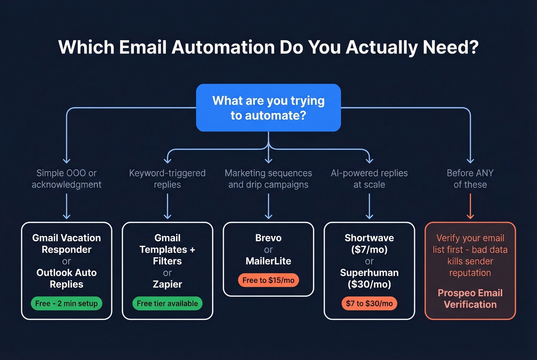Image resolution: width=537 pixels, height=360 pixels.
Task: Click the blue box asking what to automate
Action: coord(268,108)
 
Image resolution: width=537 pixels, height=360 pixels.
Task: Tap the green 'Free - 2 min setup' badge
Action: coord(66,303)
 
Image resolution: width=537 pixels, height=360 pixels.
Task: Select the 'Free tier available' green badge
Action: coord(167,303)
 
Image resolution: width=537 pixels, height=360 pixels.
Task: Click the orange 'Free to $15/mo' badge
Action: coord(268,280)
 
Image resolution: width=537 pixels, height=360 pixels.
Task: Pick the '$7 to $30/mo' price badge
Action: coord(369,303)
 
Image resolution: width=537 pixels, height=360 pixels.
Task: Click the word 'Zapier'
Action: coord(167,284)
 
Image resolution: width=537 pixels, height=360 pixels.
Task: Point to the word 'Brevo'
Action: coord(268,238)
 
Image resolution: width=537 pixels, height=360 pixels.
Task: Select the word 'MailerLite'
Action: coord(268,261)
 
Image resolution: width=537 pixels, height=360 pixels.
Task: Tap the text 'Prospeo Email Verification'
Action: coord(470,299)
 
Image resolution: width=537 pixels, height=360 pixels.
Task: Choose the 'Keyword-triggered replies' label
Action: coord(167,179)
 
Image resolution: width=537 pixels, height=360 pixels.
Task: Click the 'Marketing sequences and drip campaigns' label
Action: coord(268,179)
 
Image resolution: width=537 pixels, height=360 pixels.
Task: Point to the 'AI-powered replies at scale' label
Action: coord(369,179)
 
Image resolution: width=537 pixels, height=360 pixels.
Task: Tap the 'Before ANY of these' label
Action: coord(470,179)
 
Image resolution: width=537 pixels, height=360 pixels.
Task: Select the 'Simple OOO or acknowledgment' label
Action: coord(66,179)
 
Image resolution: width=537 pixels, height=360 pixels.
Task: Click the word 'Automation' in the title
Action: coord(223,48)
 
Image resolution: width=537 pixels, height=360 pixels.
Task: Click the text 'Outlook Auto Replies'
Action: coord(66,278)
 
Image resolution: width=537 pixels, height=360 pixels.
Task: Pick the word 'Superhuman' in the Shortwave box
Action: coord(369,273)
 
